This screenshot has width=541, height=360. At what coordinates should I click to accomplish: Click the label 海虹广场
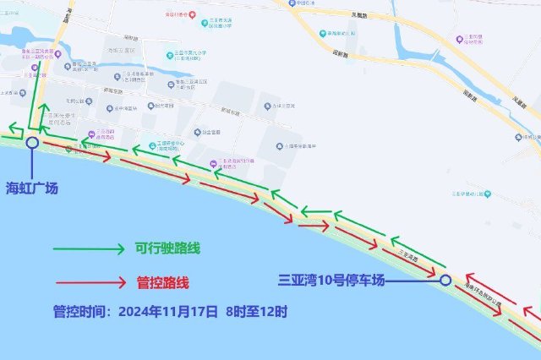(33, 188)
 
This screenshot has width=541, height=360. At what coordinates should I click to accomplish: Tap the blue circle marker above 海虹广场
(32, 143)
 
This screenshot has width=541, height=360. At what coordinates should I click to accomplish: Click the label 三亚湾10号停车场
(331, 279)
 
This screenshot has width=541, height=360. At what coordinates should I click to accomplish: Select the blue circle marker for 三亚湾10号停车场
(445, 280)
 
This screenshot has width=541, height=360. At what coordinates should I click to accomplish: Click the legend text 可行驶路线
(167, 249)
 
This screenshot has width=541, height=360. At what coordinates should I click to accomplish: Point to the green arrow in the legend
(88, 249)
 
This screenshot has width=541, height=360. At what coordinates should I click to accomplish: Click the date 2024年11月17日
(167, 311)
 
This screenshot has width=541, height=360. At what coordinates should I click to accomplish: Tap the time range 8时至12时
(256, 311)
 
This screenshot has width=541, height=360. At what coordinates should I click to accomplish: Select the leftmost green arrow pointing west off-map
(11, 128)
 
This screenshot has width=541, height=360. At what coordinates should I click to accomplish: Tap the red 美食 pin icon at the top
(194, 14)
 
